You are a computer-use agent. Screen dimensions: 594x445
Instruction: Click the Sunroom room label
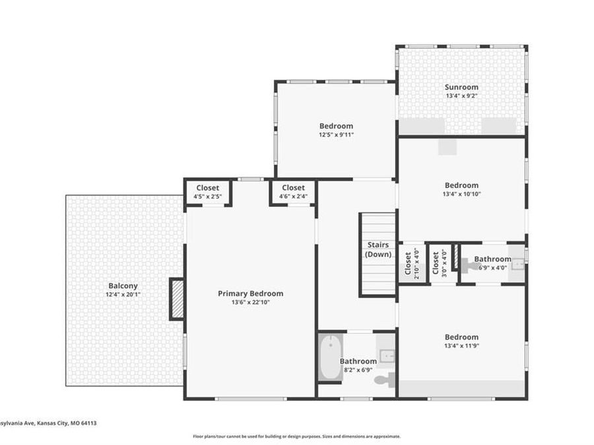tap(461, 87)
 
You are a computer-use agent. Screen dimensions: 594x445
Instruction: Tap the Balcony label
tap(123, 286)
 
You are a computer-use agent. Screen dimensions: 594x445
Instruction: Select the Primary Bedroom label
tap(250, 293)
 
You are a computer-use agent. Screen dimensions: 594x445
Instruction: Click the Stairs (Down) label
tap(378, 249)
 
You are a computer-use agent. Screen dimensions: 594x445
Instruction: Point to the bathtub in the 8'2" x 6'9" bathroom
tap(331, 357)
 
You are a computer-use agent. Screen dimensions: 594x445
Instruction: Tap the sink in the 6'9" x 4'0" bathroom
tap(517, 263)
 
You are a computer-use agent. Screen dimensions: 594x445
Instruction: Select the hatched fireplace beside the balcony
tap(176, 299)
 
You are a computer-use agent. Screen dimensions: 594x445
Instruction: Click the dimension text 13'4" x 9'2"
tap(461, 96)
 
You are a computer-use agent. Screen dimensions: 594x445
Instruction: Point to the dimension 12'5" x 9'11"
tap(337, 134)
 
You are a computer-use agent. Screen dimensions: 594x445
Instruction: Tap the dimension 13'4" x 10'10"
tap(462, 194)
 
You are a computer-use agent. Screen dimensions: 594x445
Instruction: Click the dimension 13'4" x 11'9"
tap(462, 345)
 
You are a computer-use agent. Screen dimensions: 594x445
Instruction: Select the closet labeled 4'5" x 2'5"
tap(208, 192)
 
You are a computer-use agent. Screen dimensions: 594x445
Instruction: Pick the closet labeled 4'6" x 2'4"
tap(293, 192)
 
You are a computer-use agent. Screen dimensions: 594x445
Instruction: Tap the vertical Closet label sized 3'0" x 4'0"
tap(436, 264)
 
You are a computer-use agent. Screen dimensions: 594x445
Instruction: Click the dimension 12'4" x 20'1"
tap(123, 295)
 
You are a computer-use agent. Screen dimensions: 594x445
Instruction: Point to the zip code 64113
tap(88, 423)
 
